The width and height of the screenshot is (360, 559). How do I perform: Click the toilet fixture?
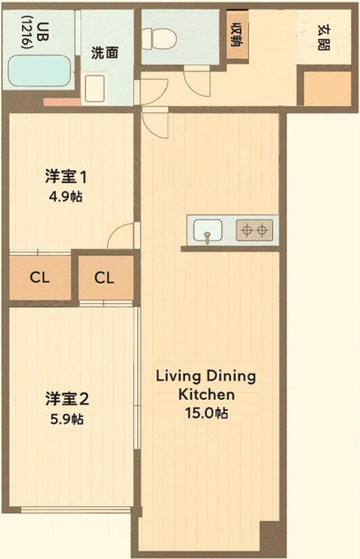coord(159,37)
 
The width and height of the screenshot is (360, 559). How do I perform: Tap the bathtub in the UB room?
coord(39,71)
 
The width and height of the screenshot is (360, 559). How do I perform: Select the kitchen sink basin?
coord(208,230)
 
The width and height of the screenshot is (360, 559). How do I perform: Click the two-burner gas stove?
coord(255,230)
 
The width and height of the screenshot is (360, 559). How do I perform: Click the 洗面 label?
coord(104,53)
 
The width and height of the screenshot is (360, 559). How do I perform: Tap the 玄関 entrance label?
coord(324,38)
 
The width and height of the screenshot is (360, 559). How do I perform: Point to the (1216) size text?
coord(26,32)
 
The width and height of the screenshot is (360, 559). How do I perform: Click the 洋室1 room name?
coord(66,178)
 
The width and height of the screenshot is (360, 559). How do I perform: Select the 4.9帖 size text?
coord(66,196)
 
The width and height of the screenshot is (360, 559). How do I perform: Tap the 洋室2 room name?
coord(67,400)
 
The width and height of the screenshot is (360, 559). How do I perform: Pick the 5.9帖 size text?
coord(67,419)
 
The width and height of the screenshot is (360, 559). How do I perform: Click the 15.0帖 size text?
coord(206,413)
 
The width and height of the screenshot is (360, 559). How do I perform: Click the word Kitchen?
coord(206,395)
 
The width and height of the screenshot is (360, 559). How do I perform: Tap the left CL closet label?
coord(39,277)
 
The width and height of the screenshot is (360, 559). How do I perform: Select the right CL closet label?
coord(104,278)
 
